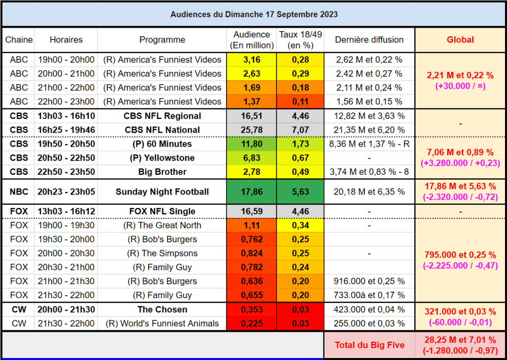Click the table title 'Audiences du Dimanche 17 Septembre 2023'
(x=254, y=14)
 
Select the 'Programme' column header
(x=162, y=40)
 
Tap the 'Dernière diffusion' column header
(x=369, y=40)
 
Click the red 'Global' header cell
(x=460, y=40)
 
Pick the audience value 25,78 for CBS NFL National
(x=252, y=130)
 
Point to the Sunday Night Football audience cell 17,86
(x=252, y=192)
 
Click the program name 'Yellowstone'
(x=162, y=158)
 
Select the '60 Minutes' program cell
(x=162, y=144)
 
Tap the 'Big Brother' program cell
(x=162, y=172)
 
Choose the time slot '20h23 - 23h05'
(x=66, y=192)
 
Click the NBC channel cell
(x=19, y=192)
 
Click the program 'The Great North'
(x=162, y=225)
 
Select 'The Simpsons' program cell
(x=162, y=253)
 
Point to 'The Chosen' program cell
(x=162, y=309)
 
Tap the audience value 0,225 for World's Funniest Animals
(x=252, y=323)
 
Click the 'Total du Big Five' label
(x=369, y=345)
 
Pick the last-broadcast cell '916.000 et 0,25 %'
(x=369, y=281)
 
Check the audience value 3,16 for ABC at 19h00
(x=252, y=60)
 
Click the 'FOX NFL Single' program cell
(x=162, y=211)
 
